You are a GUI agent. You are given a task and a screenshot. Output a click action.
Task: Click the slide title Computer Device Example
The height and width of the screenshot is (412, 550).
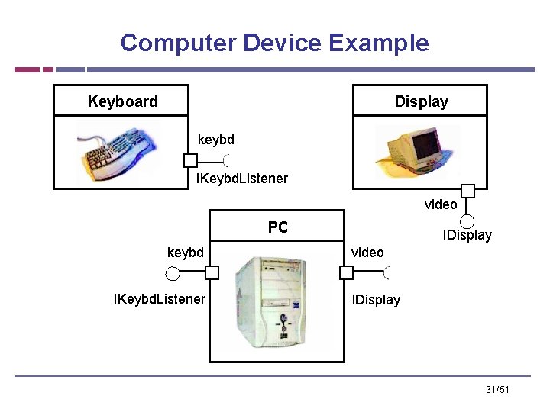pyautogui.click(x=274, y=43)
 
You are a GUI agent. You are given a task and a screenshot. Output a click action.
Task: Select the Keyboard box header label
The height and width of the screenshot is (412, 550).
pyautogui.click(x=122, y=101)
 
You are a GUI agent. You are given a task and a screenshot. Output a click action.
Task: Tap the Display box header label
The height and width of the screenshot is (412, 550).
pyautogui.click(x=421, y=101)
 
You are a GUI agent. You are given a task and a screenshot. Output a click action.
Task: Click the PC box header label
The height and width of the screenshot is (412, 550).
pyautogui.click(x=278, y=227)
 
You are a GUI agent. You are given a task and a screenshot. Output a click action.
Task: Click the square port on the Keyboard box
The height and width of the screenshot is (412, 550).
pyautogui.click(x=190, y=161)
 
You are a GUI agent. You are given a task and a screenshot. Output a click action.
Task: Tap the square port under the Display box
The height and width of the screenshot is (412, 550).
pyautogui.click(x=467, y=191)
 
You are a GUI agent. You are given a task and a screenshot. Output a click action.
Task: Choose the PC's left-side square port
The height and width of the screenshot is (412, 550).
pyautogui.click(x=212, y=272)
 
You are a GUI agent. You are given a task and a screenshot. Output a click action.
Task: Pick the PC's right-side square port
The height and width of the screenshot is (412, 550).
pyautogui.click(x=346, y=272)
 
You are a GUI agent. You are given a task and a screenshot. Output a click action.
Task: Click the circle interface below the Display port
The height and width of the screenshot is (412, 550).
pyautogui.click(x=467, y=220)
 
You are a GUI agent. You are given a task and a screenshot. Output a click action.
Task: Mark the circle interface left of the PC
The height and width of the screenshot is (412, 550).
pyautogui.click(x=173, y=272)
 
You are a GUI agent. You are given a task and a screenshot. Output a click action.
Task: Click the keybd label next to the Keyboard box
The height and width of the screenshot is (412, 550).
pyautogui.click(x=216, y=140)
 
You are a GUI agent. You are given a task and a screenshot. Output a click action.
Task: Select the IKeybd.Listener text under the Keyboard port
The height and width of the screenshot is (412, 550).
pyautogui.click(x=242, y=179)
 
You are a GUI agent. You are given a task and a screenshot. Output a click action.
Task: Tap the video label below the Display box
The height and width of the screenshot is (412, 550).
pyautogui.click(x=441, y=204)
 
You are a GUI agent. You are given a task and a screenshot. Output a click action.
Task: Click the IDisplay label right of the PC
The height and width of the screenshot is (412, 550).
pyautogui.click(x=376, y=300)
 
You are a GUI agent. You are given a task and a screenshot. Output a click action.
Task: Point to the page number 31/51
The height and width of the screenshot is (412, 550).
pyautogui.click(x=497, y=391)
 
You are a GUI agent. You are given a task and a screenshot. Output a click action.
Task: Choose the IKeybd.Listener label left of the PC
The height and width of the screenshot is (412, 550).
pyautogui.click(x=159, y=299)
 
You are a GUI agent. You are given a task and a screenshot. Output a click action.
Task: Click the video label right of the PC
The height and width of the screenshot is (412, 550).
pyautogui.click(x=367, y=253)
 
